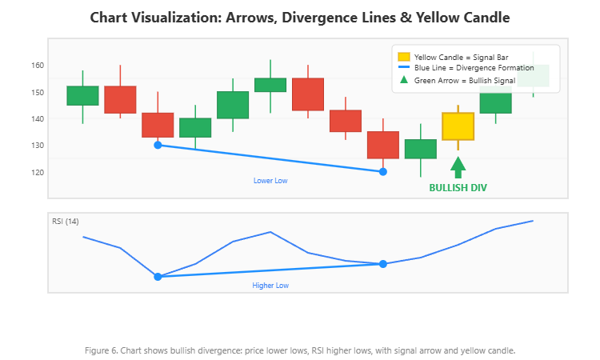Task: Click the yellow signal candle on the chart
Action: click(458, 126)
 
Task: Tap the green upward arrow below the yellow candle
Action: click(458, 167)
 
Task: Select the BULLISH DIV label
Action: click(458, 188)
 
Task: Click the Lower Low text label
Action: click(270, 181)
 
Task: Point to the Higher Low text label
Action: click(270, 285)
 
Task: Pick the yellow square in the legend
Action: click(403, 57)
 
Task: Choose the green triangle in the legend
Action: click(403, 81)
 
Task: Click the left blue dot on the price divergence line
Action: click(158, 145)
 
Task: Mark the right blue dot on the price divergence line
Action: click(383, 172)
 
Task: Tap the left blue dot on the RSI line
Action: click(158, 277)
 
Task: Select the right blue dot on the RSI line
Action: click(383, 264)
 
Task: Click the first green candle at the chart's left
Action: click(82, 95)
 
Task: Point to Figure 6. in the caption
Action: click(100, 350)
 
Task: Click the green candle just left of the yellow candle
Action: click(421, 149)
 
